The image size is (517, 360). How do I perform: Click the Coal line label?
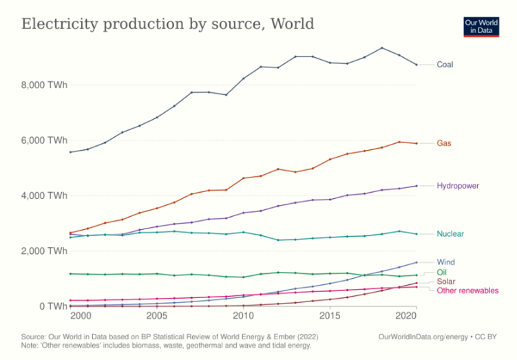(445, 65)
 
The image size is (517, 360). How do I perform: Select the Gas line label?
(444, 143)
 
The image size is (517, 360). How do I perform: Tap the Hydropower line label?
(458, 186)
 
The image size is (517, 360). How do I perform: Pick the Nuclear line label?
(450, 234)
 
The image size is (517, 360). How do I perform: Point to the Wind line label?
(445, 262)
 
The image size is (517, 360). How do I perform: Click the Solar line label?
(446, 282)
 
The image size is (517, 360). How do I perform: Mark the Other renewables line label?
(467, 290)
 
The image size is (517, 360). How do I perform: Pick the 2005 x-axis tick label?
(156, 316)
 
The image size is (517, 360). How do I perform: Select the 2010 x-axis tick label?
(242, 316)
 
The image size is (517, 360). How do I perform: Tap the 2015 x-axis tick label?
(329, 316)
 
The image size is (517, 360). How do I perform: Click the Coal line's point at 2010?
(242, 78)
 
